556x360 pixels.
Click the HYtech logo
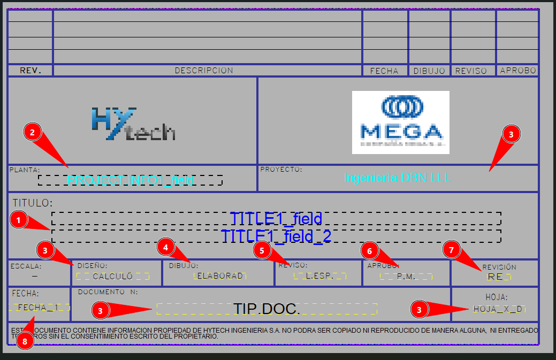[133, 124]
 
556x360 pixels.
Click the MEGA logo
[400, 122]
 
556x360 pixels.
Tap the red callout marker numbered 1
[19, 219]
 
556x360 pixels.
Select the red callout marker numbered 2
[33, 132]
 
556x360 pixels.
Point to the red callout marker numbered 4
[166, 247]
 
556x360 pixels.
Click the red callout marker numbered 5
[262, 250]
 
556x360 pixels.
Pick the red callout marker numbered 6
[370, 250]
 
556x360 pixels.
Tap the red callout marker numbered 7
[452, 250]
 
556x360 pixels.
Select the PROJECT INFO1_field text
[130, 180]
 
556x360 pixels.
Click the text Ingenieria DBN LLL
[398, 178]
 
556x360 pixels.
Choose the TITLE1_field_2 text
[276, 236]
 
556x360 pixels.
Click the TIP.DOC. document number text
[266, 309]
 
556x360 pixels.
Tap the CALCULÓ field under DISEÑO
[112, 277]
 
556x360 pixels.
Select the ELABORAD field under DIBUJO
[219, 276]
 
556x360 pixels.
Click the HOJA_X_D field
[498, 309]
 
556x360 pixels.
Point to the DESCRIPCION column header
[204, 71]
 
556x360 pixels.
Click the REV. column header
[30, 71]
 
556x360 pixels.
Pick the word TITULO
[33, 203]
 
